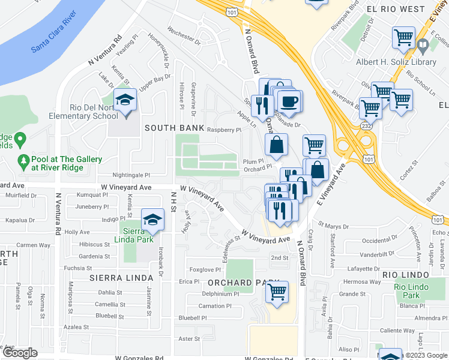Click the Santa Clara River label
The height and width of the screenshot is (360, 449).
pos(53,40)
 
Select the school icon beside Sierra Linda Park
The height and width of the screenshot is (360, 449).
pos(153,220)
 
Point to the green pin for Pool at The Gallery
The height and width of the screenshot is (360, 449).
pos(24,161)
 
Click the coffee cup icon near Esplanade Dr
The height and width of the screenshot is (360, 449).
pos(290,101)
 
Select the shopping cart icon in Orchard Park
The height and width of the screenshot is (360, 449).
pos(277,292)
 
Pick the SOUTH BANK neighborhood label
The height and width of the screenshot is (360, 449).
pos(168,128)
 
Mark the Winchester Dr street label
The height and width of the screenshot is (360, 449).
pos(184,35)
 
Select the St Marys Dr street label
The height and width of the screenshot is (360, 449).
pos(334,226)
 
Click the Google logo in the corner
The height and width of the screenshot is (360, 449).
pos(19,353)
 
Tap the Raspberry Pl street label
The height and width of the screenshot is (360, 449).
pos(224,130)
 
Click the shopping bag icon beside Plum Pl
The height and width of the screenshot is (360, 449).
pos(276,145)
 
